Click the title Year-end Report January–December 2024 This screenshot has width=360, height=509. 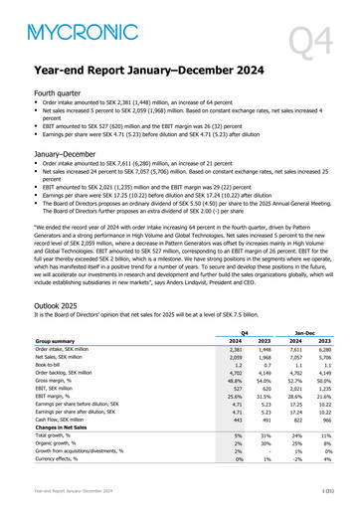149,72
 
